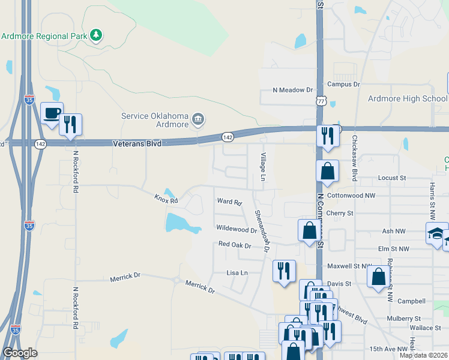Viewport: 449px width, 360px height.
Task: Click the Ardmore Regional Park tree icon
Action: point(96,35)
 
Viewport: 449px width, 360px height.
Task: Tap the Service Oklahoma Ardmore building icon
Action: point(199,121)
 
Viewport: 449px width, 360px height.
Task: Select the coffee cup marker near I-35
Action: point(52,113)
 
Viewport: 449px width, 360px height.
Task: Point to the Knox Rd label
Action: point(166,198)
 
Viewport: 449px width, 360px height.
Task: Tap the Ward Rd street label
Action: point(229,202)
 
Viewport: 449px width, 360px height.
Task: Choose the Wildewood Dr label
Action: point(237,229)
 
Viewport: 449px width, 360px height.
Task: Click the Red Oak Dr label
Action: point(235,245)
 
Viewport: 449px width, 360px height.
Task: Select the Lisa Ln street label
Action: point(237,272)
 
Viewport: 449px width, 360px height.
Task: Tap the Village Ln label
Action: point(262,167)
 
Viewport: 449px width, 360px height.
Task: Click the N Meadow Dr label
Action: point(293,90)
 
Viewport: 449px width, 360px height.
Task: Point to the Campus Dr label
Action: point(343,85)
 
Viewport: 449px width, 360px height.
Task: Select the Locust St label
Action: point(392,178)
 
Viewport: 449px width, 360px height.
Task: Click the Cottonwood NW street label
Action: point(351,196)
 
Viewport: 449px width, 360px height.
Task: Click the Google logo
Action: point(20,353)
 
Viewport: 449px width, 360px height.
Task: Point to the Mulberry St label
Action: point(403,318)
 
